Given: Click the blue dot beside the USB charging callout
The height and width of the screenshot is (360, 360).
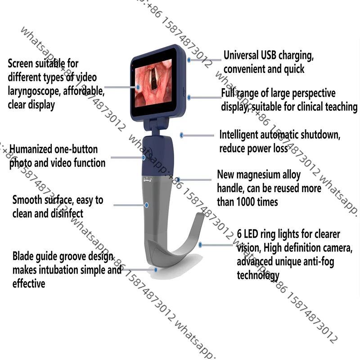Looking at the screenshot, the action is [189, 59].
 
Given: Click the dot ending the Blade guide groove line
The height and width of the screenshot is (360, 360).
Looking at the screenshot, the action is [156, 270].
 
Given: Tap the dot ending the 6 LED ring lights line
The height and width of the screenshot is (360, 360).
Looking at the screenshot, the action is [201, 245].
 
